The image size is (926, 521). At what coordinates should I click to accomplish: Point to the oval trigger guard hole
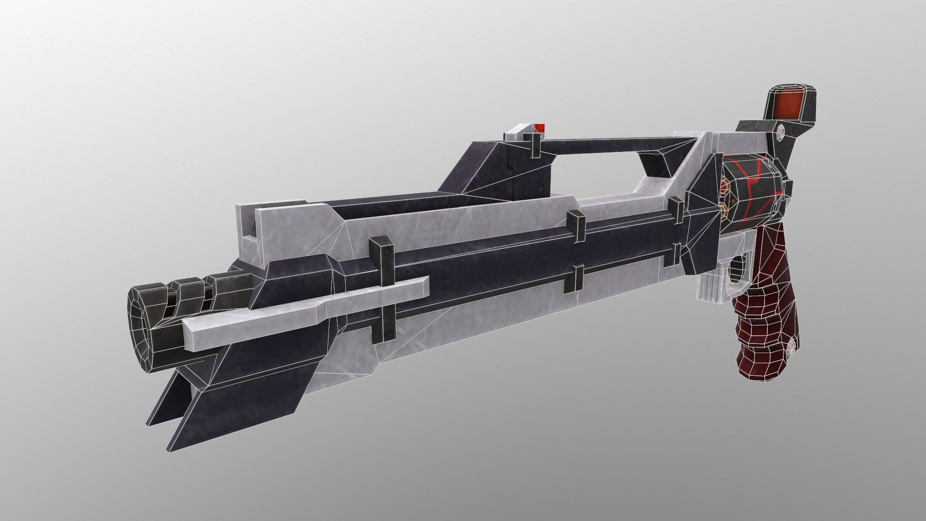click(x=737, y=271)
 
